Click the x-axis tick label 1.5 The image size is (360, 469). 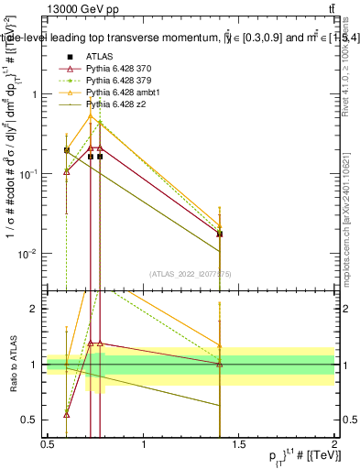click(239, 445)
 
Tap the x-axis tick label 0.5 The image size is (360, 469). click(49, 445)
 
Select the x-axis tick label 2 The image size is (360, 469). click(333, 445)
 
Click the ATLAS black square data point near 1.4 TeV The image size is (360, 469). click(220, 234)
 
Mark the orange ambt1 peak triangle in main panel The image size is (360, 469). click(91, 116)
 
